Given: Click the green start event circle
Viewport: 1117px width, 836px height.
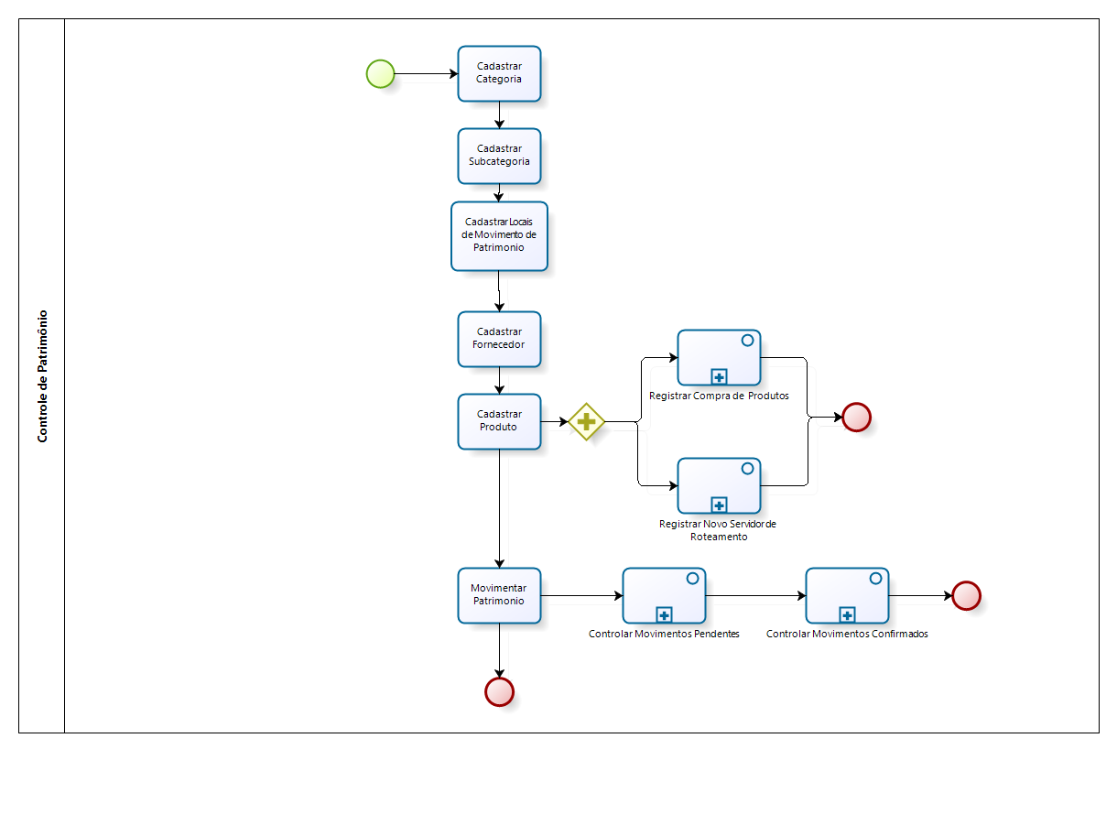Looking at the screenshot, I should (380, 73).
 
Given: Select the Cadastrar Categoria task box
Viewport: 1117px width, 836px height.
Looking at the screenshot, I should (499, 73).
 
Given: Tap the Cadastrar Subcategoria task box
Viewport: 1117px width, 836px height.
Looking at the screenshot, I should (499, 156).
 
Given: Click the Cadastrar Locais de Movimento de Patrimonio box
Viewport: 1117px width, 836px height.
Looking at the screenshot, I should (499, 236).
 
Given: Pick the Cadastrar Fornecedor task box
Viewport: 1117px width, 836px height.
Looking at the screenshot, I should (499, 339).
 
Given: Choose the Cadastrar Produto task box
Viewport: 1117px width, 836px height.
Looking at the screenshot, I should (499, 421).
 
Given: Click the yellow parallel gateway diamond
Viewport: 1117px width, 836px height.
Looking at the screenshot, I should (586, 422).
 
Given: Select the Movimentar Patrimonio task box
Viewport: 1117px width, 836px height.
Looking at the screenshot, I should (499, 595).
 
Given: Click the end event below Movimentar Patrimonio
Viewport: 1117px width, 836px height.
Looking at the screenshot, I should (499, 692).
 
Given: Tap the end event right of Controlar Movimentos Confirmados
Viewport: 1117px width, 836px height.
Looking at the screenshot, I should (966, 595).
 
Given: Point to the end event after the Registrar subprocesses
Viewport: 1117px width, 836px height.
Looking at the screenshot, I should (856, 418).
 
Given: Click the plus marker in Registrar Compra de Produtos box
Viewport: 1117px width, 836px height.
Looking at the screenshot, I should (719, 376).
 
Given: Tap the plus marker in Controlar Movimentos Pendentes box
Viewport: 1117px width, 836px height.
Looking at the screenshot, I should (664, 614).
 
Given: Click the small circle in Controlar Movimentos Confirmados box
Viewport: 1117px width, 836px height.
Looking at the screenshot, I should (875, 578).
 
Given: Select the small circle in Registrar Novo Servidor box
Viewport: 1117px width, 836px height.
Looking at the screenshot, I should (747, 468).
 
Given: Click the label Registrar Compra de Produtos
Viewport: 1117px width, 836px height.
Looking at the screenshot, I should (719, 396).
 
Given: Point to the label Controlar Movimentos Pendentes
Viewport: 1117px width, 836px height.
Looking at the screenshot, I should (664, 634).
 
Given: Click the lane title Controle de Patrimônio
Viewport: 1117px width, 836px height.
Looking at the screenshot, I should (42, 375).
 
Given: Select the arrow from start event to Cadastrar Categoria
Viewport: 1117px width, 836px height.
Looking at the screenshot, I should (426, 73).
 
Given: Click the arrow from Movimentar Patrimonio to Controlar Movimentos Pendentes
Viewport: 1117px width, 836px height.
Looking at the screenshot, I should (581, 595).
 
